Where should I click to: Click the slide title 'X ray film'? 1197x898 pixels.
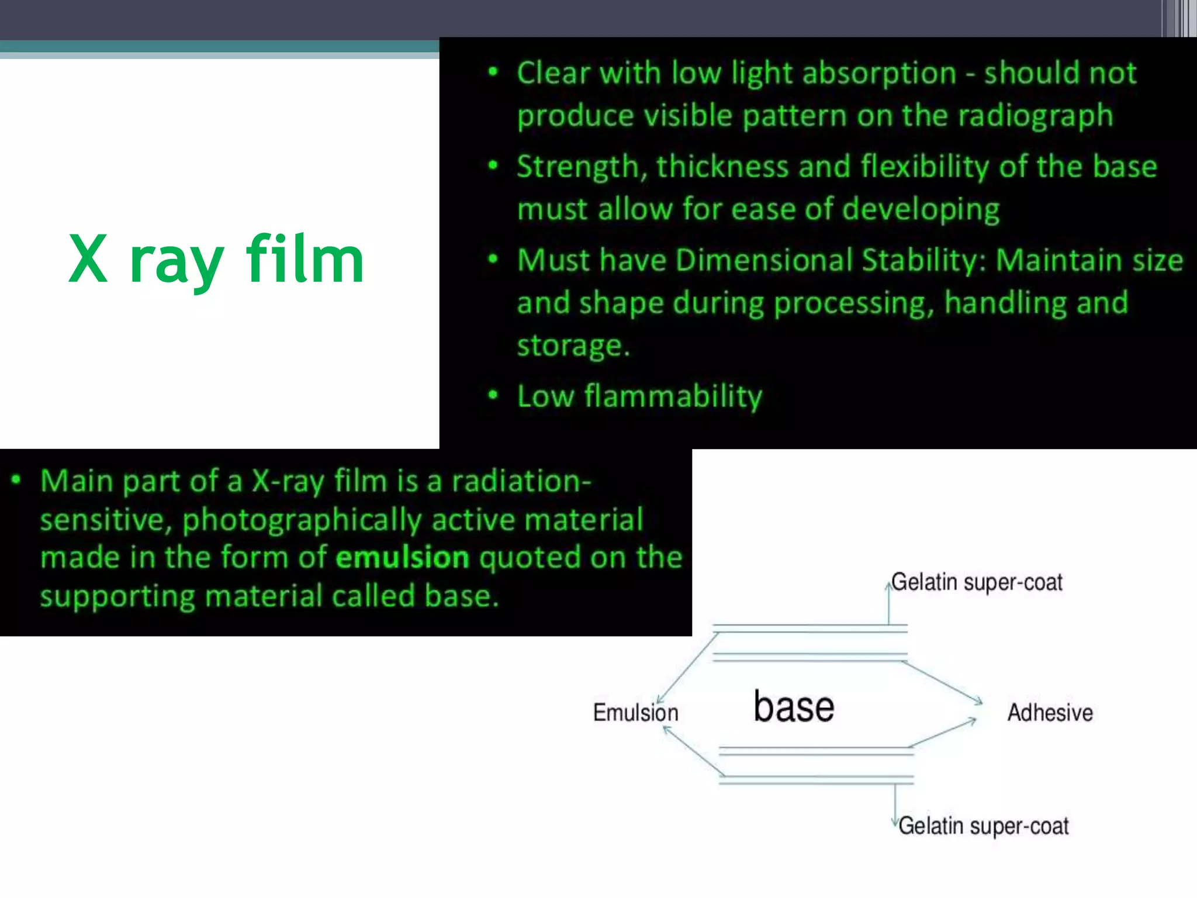point(216,259)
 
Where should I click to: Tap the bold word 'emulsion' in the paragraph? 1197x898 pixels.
point(402,557)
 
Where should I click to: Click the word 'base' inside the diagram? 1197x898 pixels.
point(793,707)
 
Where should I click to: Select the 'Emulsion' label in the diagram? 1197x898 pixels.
point(635,713)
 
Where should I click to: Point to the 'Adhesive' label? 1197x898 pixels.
point(1050,713)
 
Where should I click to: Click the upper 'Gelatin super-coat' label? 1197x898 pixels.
point(977,582)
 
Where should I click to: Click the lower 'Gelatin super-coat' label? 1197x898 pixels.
point(983,826)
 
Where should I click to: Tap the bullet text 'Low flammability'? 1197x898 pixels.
point(639,396)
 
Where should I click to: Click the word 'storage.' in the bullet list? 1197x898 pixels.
point(573,346)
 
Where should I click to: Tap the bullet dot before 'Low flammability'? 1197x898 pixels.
point(493,395)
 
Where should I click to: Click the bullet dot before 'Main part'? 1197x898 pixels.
point(16,481)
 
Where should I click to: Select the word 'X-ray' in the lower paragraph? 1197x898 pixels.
point(287,481)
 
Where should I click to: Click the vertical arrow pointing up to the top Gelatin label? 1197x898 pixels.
point(888,602)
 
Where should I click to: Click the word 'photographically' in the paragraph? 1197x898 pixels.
point(302,520)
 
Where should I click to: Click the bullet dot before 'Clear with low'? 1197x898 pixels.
point(493,72)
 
